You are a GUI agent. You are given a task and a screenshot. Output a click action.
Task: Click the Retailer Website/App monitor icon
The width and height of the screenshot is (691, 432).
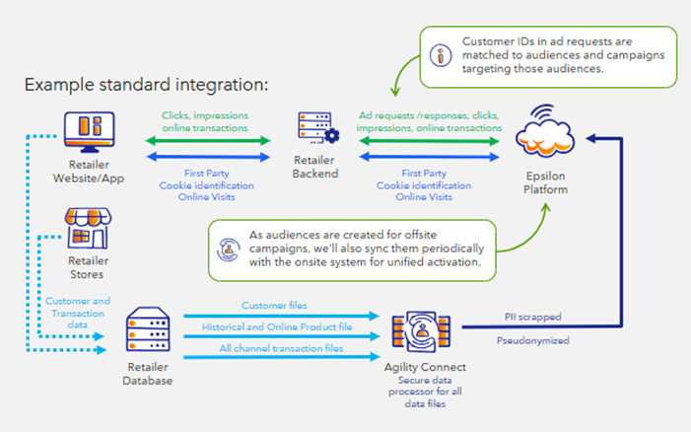coord(87,129)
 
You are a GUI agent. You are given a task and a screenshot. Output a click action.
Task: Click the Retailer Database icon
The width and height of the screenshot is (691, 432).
coord(151,330)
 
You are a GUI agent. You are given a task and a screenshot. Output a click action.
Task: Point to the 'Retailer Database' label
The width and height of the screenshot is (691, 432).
coord(151,373)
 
